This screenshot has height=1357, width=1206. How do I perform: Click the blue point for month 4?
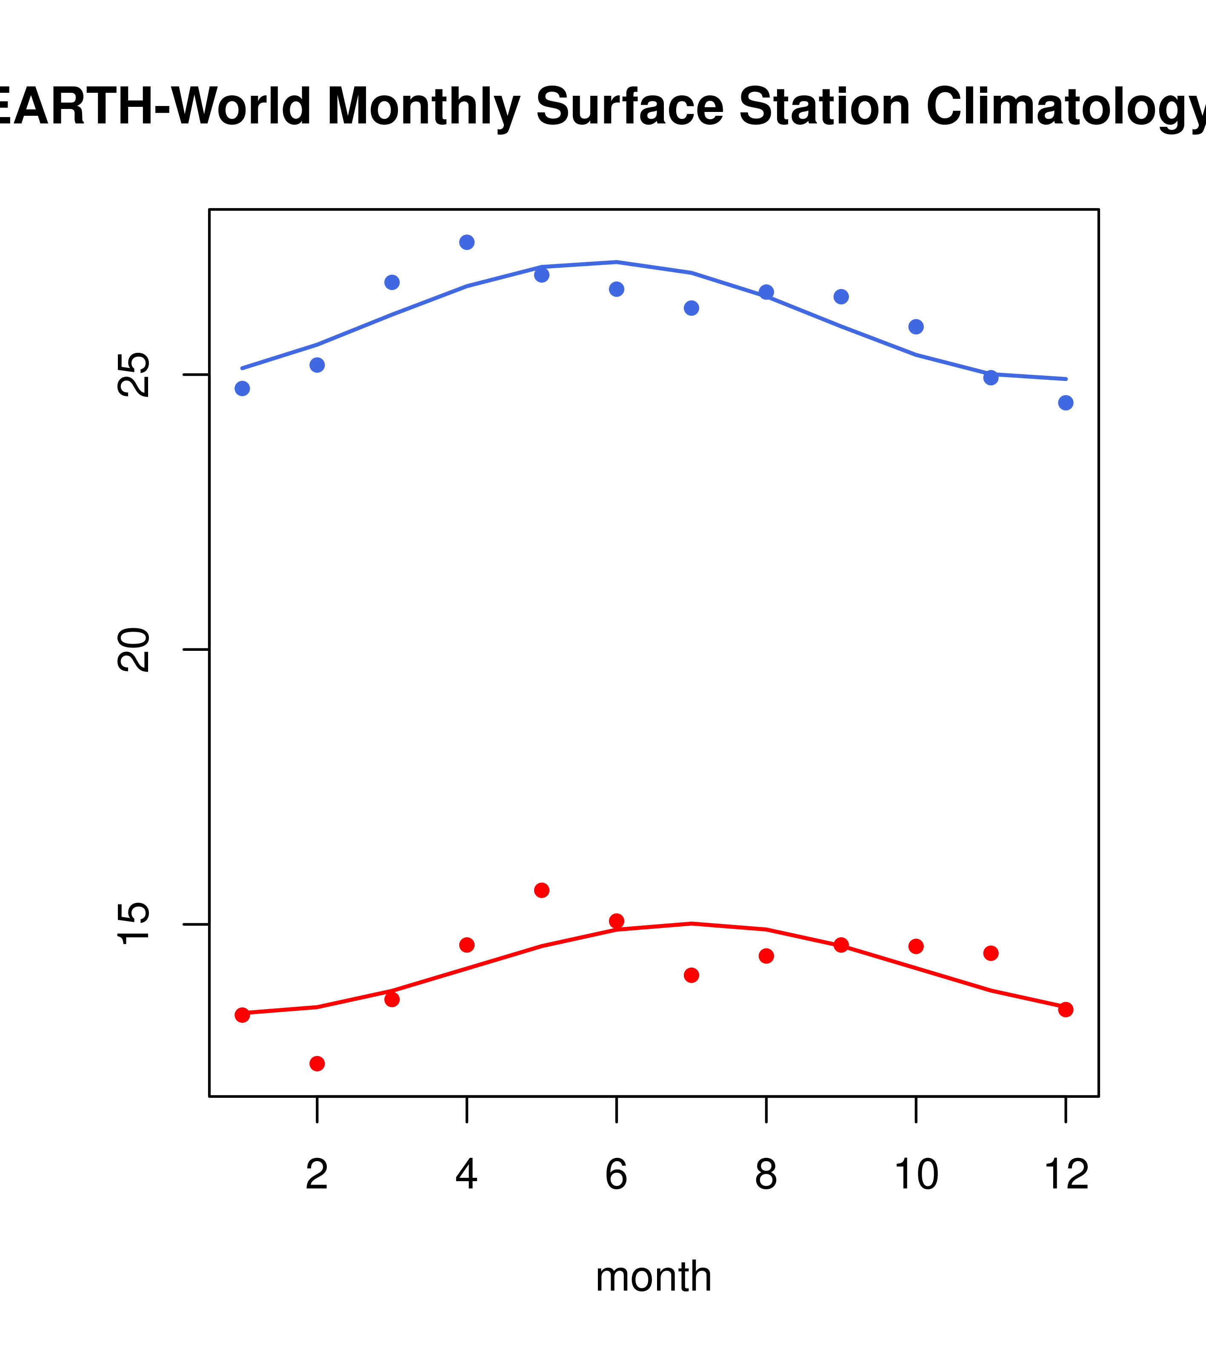(466, 242)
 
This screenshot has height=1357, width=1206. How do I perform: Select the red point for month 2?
(317, 1064)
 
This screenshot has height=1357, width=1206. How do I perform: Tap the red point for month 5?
(542, 890)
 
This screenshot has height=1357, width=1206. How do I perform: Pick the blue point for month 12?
(1065, 403)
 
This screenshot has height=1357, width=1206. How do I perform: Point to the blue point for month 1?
(242, 388)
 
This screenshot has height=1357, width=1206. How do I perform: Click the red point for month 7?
(691, 975)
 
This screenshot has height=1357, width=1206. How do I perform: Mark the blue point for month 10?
(916, 326)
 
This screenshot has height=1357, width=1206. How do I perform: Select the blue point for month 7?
(691, 308)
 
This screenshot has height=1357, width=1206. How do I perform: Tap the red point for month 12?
(1065, 1010)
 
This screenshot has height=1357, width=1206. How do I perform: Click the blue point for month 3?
(392, 282)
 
